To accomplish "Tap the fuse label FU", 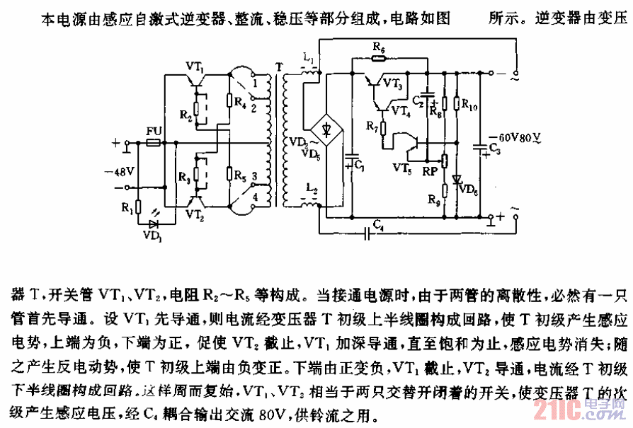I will [153, 132].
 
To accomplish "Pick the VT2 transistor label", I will [197, 213].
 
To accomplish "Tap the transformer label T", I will [278, 67].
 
